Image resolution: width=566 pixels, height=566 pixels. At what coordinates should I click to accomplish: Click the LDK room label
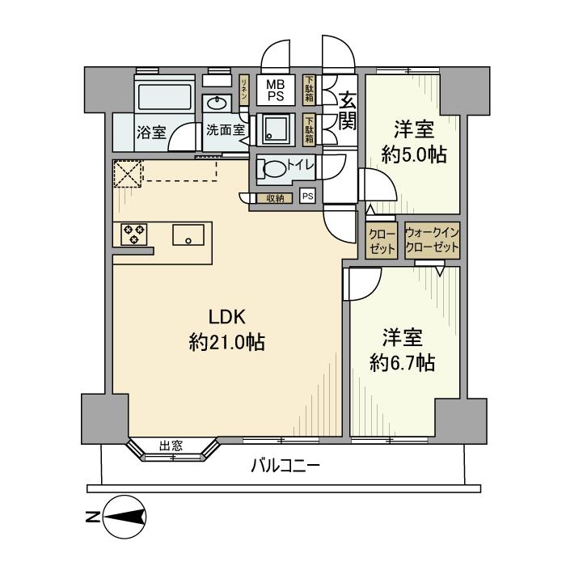[x=227, y=317]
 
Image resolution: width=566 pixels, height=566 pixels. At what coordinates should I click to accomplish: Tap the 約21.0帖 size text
[x=227, y=342]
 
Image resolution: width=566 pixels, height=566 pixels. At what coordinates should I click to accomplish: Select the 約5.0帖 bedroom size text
[x=414, y=155]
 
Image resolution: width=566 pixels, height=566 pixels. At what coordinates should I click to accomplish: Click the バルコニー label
[x=285, y=466]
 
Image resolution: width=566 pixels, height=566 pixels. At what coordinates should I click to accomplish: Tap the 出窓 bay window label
[x=171, y=446]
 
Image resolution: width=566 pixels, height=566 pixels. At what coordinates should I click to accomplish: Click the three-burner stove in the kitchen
[x=134, y=234]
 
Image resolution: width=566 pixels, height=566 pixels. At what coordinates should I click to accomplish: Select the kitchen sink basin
[x=188, y=234]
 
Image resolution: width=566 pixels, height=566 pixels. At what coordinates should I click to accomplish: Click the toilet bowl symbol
[x=275, y=168]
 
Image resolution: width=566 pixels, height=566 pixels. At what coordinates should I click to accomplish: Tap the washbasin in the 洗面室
[x=217, y=103]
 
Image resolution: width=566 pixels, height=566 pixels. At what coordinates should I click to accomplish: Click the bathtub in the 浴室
[x=164, y=96]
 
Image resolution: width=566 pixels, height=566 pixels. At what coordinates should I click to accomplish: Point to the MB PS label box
[x=276, y=91]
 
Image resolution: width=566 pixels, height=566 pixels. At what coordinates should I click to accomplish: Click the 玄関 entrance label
[x=348, y=111]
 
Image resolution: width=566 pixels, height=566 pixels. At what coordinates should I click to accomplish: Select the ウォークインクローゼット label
[x=432, y=240]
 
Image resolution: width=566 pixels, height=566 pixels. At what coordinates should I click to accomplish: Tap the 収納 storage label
[x=275, y=198]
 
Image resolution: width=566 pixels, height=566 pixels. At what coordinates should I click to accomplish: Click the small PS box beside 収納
[x=308, y=196]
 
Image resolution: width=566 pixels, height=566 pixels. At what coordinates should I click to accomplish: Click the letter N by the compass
[x=92, y=517]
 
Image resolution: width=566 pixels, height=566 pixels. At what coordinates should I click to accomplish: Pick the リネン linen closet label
[x=244, y=90]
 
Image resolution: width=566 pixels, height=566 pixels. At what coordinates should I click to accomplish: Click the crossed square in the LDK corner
[x=128, y=175]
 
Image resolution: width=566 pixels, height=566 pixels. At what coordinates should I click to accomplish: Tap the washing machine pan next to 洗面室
[x=276, y=129]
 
